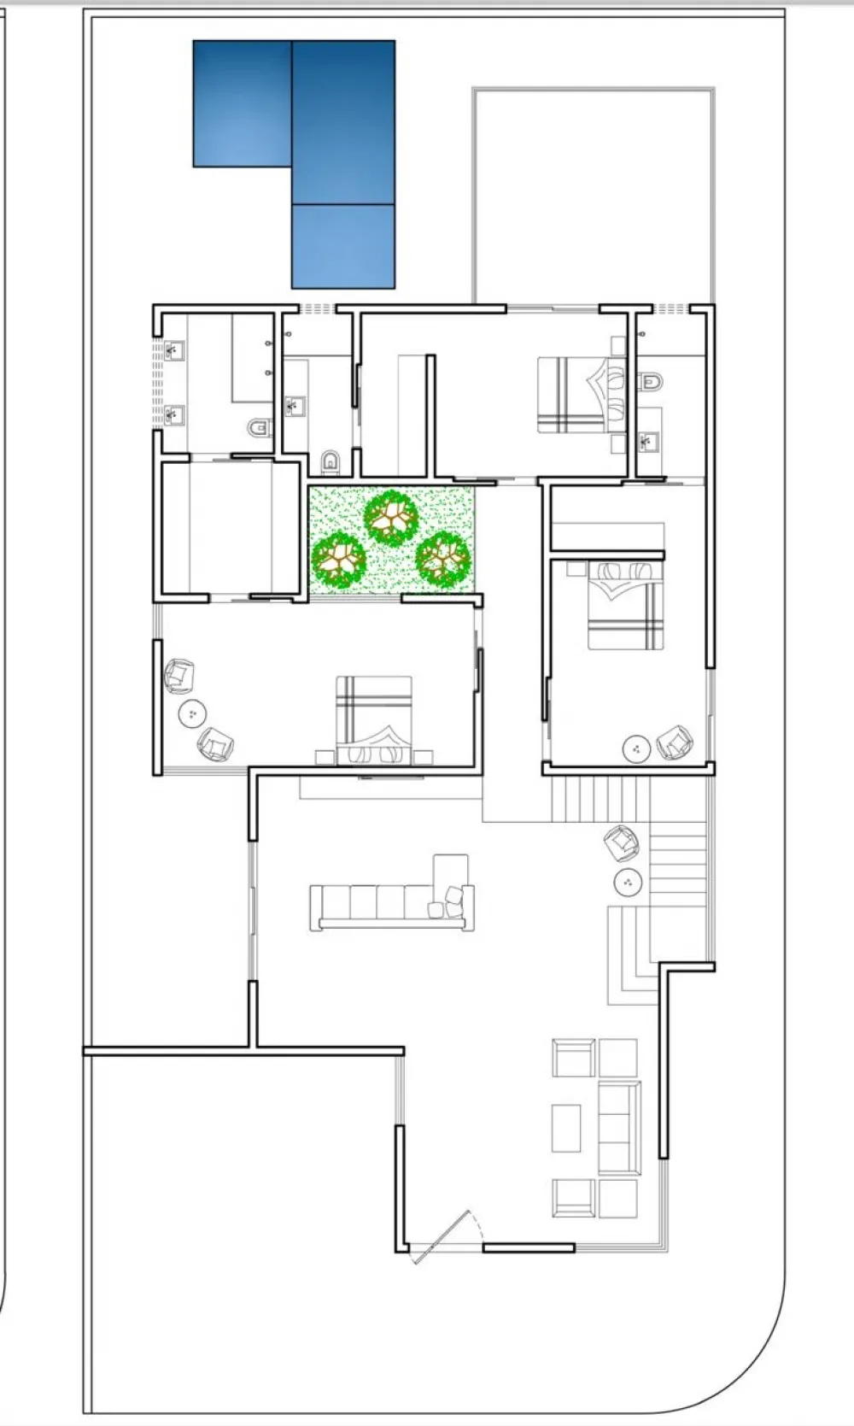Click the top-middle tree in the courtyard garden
click(391, 517)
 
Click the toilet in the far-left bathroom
click(258, 425)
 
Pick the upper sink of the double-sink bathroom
click(175, 350)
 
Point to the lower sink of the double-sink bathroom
click(175, 415)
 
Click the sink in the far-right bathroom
click(646, 442)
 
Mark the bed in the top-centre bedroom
click(574, 395)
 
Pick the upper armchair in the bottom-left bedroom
click(179, 676)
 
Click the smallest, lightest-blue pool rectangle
click(343, 246)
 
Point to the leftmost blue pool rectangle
click(243, 103)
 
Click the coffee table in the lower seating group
click(566, 1128)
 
